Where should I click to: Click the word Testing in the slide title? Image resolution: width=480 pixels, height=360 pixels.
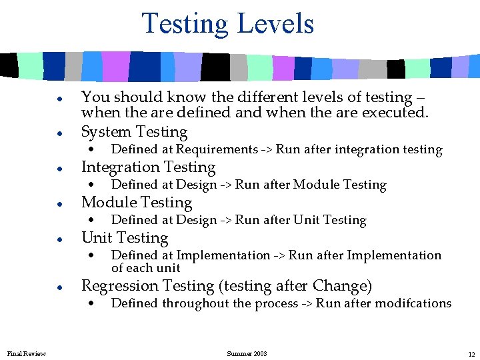pyautogui.click(x=185, y=24)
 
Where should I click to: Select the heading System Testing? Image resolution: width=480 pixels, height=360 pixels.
pyautogui.click(x=134, y=131)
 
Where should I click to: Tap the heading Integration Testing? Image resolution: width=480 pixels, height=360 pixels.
pyautogui.click(x=148, y=167)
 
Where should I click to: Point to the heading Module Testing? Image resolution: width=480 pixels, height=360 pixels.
pyautogui.click(x=136, y=202)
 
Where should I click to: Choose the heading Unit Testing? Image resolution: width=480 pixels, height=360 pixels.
pyautogui.click(x=125, y=237)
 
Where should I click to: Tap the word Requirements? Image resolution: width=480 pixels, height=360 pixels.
pyautogui.click(x=217, y=149)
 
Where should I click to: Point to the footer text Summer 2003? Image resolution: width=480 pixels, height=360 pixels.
pyautogui.click(x=247, y=353)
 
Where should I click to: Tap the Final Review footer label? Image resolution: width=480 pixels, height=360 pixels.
pyautogui.click(x=27, y=353)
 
